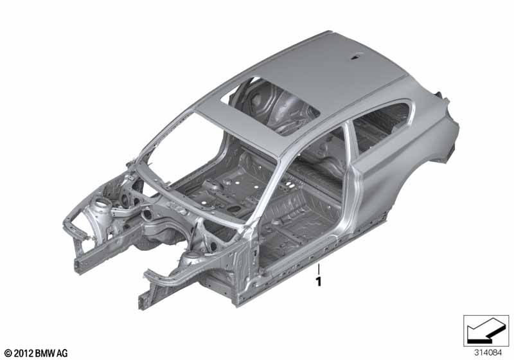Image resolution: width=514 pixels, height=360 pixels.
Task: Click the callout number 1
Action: (x=318, y=282)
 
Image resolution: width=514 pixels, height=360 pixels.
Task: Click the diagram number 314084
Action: (x=488, y=353)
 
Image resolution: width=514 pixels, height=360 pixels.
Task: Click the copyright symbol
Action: (x=8, y=353)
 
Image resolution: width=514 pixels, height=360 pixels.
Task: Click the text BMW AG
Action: (x=51, y=353)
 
